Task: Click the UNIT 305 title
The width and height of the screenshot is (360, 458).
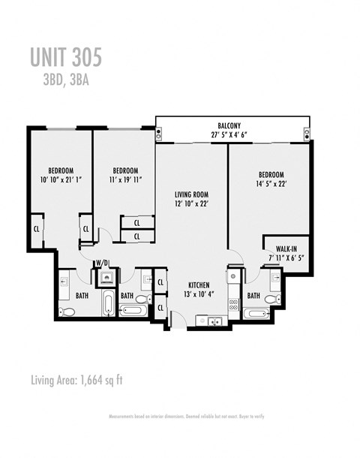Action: coord(66,57)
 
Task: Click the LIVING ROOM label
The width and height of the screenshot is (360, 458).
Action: coord(190,193)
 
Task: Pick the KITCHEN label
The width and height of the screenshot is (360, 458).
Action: coord(198,285)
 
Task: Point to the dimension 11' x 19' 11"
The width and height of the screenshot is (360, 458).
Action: coord(124,180)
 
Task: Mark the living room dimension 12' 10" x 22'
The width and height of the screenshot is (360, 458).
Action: coord(190,203)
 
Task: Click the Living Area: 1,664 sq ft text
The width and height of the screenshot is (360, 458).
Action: coord(77,379)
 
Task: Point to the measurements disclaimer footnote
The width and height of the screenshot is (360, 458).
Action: coord(186,416)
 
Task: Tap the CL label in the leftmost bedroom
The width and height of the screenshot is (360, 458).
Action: coord(36,228)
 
